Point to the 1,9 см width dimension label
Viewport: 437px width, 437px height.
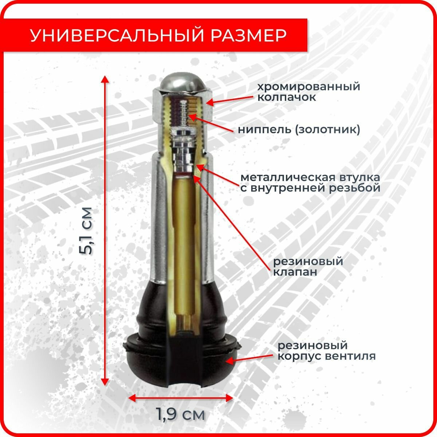click(x=180, y=414)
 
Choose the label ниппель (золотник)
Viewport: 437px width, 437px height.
click(x=299, y=130)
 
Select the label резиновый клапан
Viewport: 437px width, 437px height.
click(x=308, y=267)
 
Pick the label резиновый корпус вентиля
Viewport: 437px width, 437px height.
click(x=326, y=350)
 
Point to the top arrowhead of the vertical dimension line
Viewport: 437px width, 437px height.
click(x=105, y=80)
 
